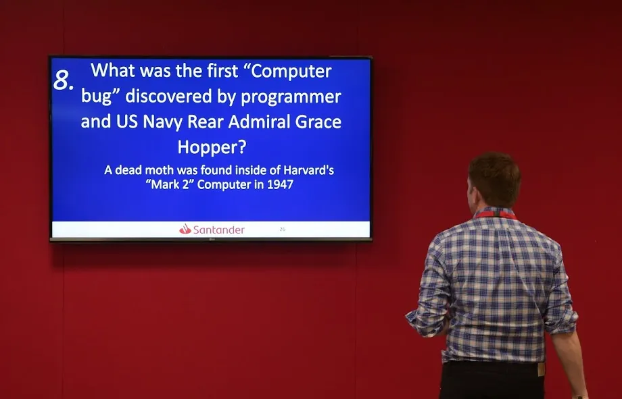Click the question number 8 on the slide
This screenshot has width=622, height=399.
tap(63, 80)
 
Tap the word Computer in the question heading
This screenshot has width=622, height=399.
tap(291, 72)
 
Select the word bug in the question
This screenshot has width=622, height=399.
tap(96, 97)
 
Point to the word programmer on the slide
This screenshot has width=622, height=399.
tap(291, 97)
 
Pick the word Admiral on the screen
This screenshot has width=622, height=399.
tap(260, 122)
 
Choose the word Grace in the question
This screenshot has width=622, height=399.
tap(318, 122)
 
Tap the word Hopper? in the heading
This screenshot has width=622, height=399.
tap(212, 147)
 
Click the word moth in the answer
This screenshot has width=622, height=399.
tap(160, 170)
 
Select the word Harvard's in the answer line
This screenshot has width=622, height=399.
tap(308, 170)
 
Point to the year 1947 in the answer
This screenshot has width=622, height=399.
tap(280, 184)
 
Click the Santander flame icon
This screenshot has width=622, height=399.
tap(185, 229)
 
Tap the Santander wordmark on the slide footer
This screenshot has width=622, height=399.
tap(218, 230)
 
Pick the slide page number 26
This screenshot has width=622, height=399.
tap(283, 229)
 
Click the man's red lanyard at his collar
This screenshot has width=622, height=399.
tap(496, 215)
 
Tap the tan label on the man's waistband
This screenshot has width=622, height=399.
tap(541, 369)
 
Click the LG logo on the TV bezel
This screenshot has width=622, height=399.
tap(212, 239)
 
